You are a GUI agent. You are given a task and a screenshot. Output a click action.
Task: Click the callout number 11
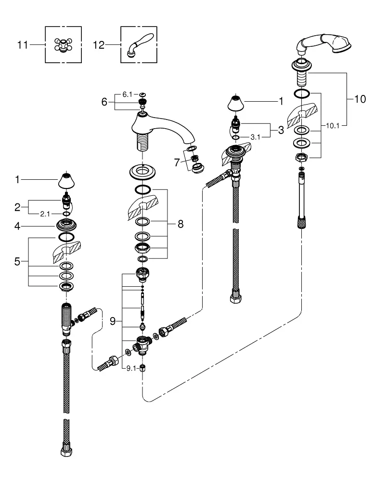23,45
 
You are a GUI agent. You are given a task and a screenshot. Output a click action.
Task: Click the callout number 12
99,45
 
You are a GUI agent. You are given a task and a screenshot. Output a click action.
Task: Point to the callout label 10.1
332,125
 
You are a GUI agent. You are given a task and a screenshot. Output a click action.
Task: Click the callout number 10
360,99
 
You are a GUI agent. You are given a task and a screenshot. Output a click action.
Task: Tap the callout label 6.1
128,94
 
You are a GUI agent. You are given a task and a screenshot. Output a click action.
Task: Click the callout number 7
177,162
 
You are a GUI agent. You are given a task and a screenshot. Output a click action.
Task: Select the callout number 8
180,224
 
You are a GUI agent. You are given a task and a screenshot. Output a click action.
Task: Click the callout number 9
113,321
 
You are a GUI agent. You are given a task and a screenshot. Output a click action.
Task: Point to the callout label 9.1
131,368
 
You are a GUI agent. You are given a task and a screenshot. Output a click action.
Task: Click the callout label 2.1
45,214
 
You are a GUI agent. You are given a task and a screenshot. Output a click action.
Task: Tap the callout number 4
17,226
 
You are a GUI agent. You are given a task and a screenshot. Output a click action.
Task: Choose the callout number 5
17,262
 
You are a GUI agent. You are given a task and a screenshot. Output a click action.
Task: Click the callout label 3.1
256,137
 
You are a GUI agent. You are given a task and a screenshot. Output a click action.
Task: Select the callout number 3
281,130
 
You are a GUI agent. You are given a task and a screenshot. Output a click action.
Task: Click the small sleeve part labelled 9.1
142,368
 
